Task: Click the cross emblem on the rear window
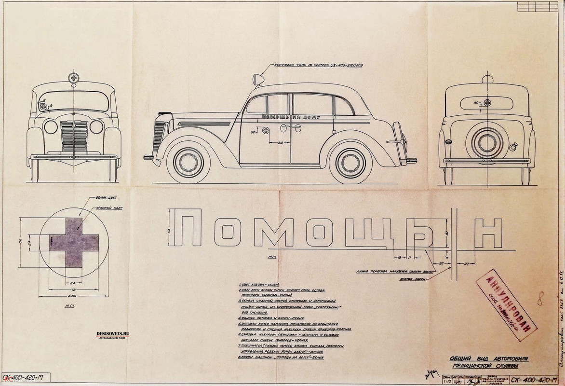coord(488,103)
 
